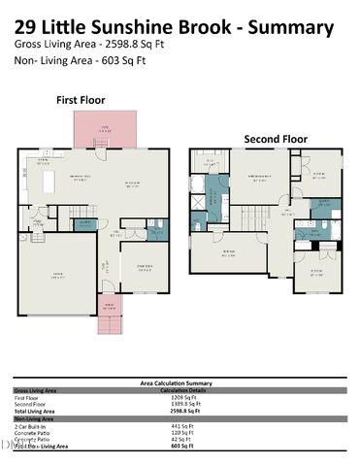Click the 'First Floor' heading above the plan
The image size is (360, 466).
[x=81, y=100]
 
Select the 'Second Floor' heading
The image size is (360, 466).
[x=276, y=139]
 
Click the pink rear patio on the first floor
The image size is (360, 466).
[x=107, y=127]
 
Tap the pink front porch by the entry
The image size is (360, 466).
[x=113, y=313]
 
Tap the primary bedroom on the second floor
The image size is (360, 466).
[x=258, y=181]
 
